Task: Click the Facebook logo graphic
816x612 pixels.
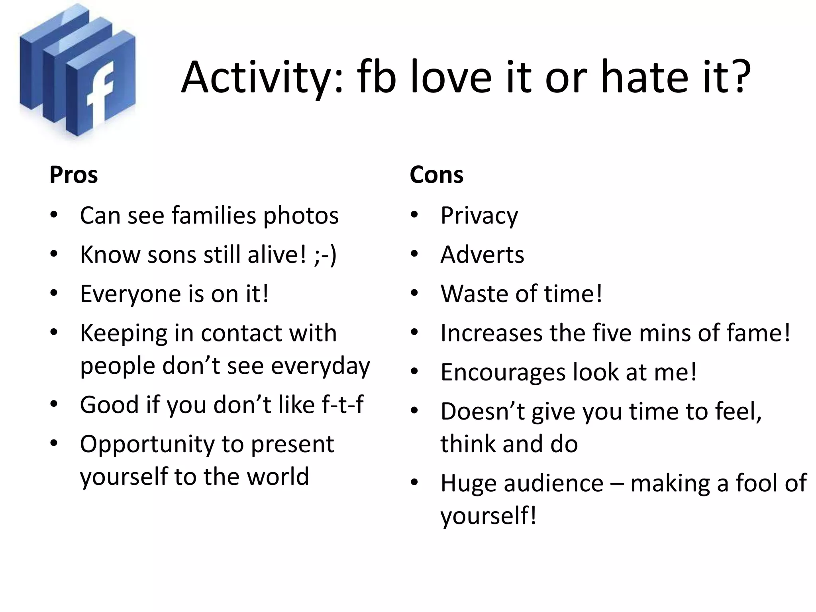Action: pos(78,72)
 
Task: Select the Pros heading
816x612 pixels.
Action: pos(73,175)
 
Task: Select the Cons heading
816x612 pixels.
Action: pos(436,175)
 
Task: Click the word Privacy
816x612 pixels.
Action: pos(479,216)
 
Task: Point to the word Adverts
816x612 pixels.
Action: pos(482,255)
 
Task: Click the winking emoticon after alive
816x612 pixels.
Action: pos(325,255)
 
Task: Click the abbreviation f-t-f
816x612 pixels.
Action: pos(342,404)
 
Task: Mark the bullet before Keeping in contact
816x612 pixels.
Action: pos(54,332)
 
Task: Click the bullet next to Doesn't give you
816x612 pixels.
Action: pos(415,410)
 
